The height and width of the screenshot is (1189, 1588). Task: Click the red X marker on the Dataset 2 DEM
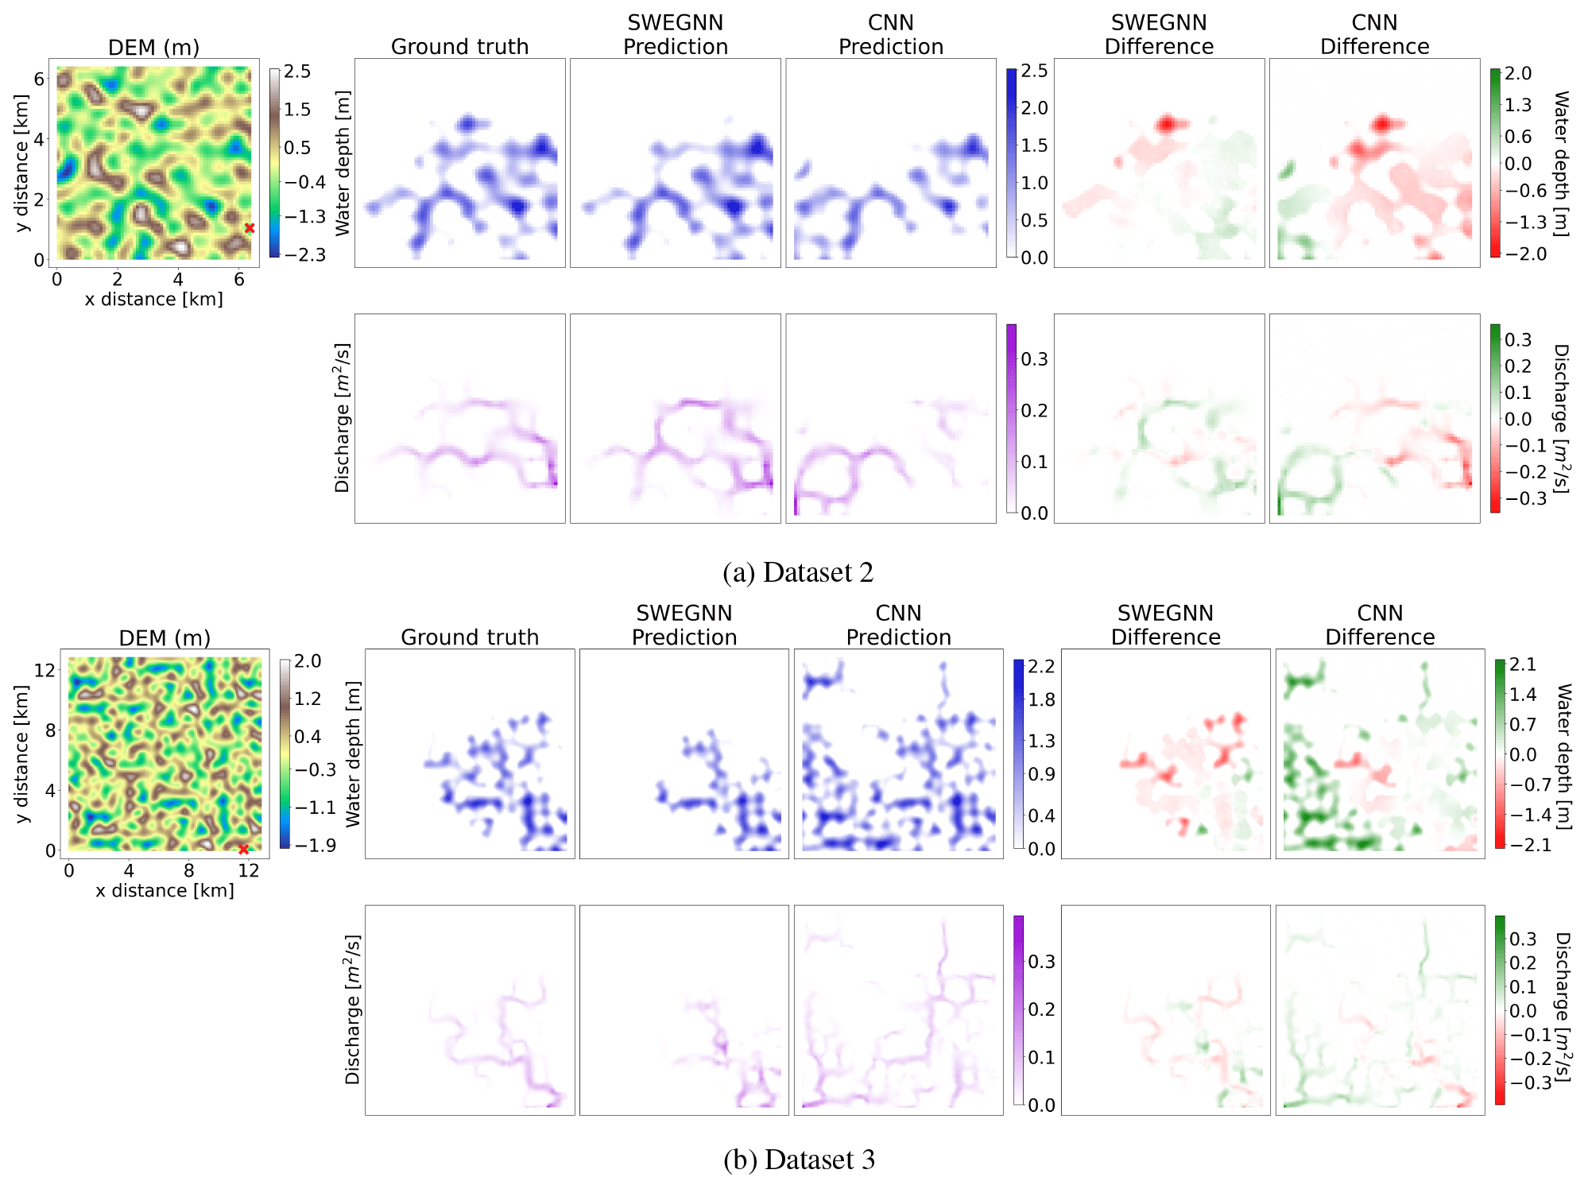(x=250, y=228)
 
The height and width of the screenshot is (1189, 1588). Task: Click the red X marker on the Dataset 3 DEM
(x=243, y=849)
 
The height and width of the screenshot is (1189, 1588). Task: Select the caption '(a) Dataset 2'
(x=797, y=572)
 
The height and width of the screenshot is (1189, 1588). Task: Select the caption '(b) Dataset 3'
(x=799, y=1160)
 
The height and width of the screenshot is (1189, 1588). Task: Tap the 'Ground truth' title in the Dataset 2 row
(x=459, y=47)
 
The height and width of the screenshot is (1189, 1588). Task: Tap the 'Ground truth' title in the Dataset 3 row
(x=470, y=637)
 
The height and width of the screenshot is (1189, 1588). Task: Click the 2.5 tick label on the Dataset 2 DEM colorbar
(x=297, y=72)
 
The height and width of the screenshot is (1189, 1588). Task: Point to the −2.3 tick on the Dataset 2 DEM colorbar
(x=305, y=255)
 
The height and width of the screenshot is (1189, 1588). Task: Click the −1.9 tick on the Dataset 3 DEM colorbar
(x=316, y=845)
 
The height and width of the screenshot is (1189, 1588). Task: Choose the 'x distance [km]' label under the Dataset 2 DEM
(x=153, y=300)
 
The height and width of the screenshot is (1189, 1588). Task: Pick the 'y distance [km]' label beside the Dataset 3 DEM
(x=23, y=754)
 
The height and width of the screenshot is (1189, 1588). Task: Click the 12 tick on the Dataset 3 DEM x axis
(x=249, y=870)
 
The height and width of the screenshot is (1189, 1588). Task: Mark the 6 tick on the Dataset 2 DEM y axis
(x=39, y=78)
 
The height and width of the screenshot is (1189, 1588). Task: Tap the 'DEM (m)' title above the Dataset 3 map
(x=165, y=638)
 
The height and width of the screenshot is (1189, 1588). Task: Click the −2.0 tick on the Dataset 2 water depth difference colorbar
(x=1526, y=254)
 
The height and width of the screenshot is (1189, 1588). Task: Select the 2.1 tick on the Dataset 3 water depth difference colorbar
(x=1523, y=664)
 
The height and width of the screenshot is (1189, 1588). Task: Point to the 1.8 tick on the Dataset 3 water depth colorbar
(x=1041, y=700)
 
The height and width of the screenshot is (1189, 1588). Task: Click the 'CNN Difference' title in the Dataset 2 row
(x=1374, y=35)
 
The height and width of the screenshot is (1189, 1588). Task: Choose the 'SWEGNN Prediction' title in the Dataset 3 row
(x=684, y=625)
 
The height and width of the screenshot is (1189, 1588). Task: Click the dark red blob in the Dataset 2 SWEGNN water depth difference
(x=1167, y=123)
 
